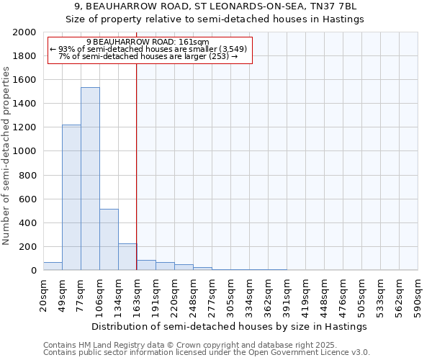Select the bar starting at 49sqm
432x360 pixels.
click(x=71, y=197)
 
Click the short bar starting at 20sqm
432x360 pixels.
click(x=53, y=266)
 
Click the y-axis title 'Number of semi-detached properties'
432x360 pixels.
click(x=6, y=156)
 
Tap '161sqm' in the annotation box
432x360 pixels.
click(x=195, y=42)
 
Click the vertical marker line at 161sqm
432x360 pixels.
click(x=136, y=166)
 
